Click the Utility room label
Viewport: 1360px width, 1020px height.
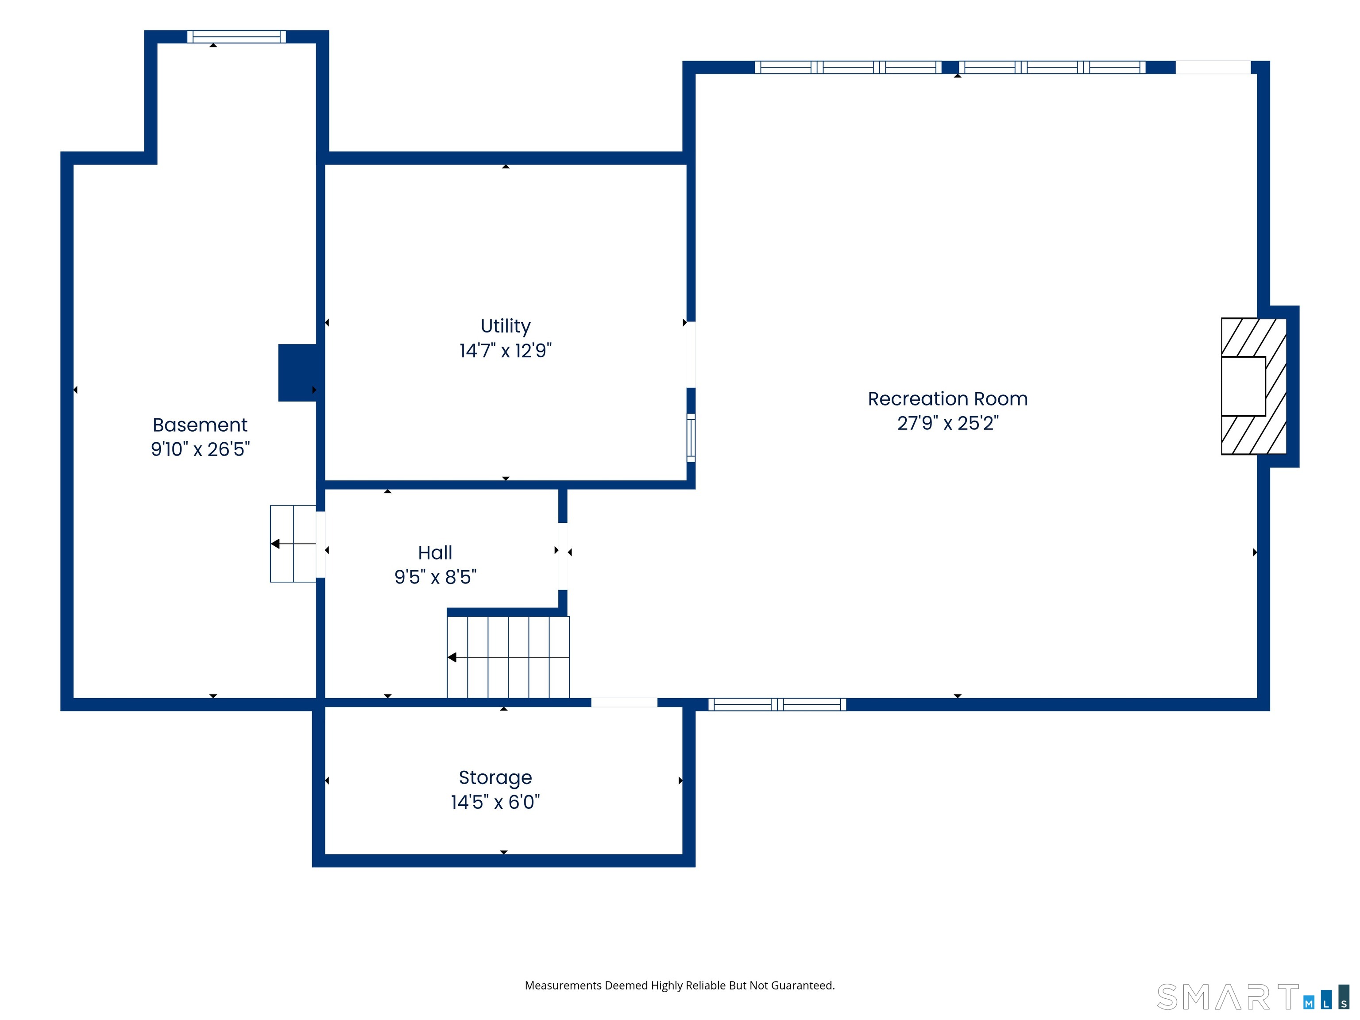pos(506,326)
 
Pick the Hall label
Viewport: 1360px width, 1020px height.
pos(435,553)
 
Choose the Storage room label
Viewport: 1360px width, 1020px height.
pos(495,778)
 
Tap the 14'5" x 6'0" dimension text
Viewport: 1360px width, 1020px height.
pos(495,802)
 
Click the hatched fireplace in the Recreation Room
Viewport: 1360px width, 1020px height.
pos(1254,386)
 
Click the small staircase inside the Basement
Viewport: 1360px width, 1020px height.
pos(293,544)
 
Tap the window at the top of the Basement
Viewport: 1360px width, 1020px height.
pos(237,37)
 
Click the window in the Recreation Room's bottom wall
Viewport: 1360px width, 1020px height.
pos(777,705)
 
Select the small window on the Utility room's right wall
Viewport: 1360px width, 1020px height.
pos(691,438)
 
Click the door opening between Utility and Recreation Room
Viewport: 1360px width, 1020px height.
pos(691,355)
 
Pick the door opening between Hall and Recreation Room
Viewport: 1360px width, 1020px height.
pos(563,556)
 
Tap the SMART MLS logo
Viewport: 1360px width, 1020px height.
pos(1253,997)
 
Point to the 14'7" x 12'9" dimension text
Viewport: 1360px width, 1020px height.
pos(506,351)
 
